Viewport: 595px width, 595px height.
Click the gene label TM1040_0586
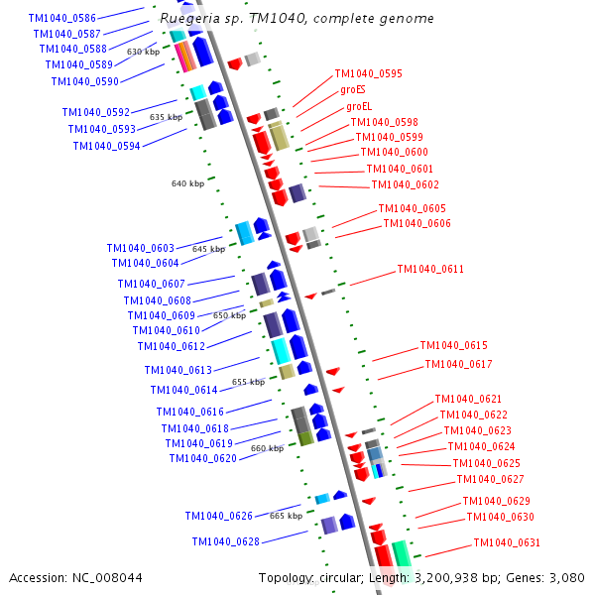(62, 19)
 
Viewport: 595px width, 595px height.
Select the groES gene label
(353, 89)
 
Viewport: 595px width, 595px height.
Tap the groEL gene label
(359, 106)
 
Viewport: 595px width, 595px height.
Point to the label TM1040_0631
(507, 542)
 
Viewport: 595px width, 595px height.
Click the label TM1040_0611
(430, 270)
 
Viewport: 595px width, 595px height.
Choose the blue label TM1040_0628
(226, 541)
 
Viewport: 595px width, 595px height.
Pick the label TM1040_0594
(106, 146)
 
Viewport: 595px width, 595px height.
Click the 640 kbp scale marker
(187, 183)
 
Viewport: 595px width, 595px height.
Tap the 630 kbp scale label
(143, 52)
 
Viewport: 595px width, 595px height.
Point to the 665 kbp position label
(286, 516)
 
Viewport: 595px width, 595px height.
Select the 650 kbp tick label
(229, 315)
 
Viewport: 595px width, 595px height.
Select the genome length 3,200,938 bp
(450, 577)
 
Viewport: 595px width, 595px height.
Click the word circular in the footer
(339, 577)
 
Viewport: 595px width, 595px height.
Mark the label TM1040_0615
(453, 345)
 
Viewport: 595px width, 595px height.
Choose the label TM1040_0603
(140, 248)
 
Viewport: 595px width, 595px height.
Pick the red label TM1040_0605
(412, 208)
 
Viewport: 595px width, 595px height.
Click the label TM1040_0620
(202, 458)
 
